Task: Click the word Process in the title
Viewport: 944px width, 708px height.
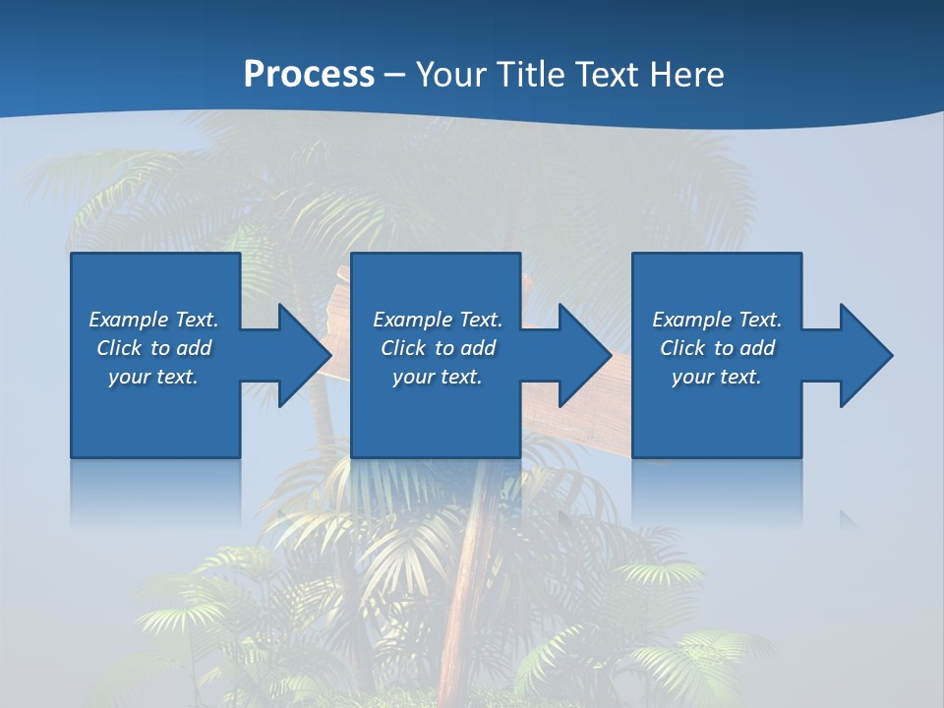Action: [309, 75]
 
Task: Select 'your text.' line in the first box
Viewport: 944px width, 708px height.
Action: [153, 377]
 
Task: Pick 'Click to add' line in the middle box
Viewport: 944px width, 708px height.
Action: [438, 348]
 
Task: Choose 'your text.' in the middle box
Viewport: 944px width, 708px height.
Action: [438, 377]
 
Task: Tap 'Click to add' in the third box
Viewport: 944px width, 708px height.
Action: [717, 348]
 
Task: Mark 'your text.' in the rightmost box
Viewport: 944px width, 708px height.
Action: [717, 377]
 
